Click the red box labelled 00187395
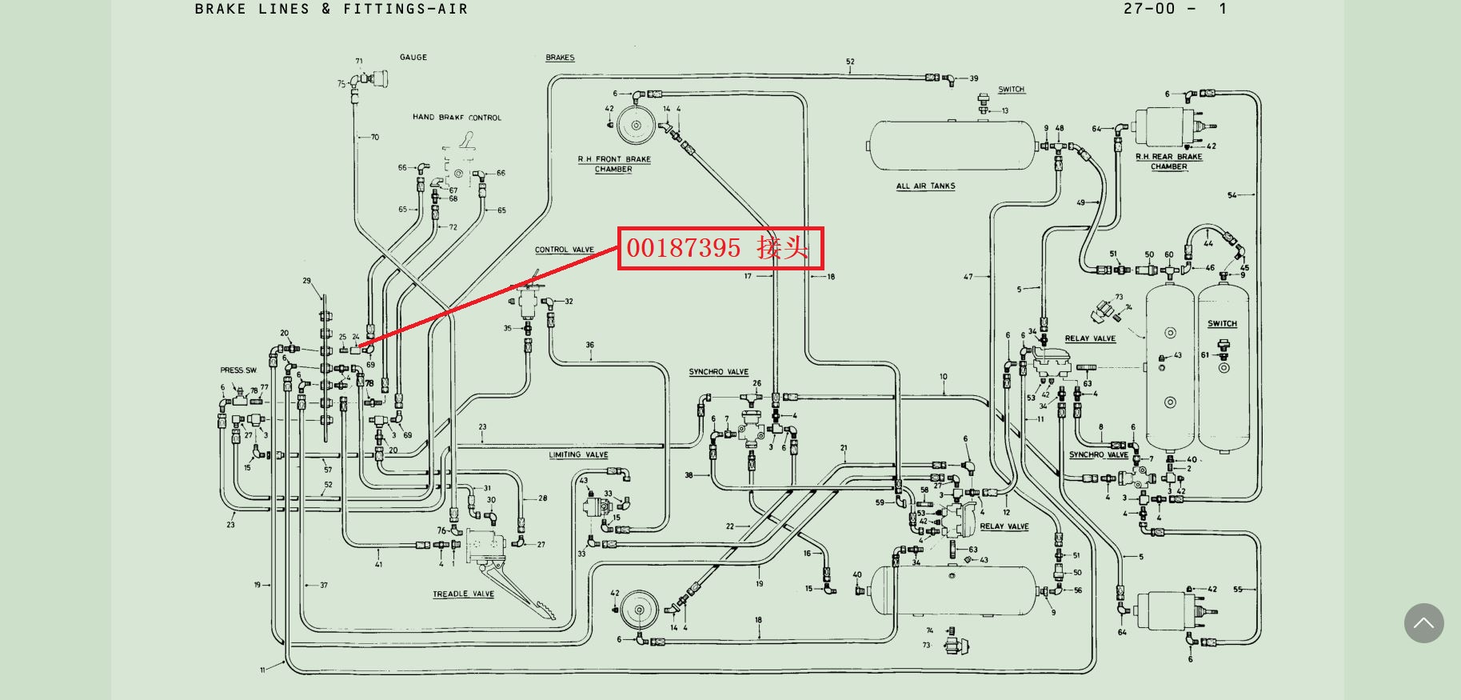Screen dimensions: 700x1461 click(x=720, y=248)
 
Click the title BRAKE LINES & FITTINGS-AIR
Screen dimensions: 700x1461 click(x=331, y=10)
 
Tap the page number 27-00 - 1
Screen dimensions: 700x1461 click(x=1174, y=10)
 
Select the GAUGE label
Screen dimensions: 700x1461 click(x=413, y=58)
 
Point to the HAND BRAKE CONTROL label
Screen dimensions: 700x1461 click(x=457, y=118)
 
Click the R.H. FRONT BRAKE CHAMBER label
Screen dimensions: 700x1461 click(x=614, y=164)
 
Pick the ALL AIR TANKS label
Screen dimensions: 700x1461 click(x=925, y=186)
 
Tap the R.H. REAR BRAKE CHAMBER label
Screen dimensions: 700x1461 click(x=1169, y=162)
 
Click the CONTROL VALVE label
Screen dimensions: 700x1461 click(x=565, y=250)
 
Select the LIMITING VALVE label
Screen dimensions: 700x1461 click(x=578, y=454)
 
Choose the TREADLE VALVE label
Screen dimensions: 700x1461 click(x=463, y=594)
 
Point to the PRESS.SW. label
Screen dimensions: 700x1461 click(x=239, y=370)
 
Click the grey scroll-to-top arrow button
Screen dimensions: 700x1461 click(x=1423, y=623)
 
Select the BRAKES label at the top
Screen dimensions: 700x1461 click(x=560, y=58)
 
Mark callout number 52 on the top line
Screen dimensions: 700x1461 click(x=850, y=62)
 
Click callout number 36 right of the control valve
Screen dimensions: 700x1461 click(x=589, y=346)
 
